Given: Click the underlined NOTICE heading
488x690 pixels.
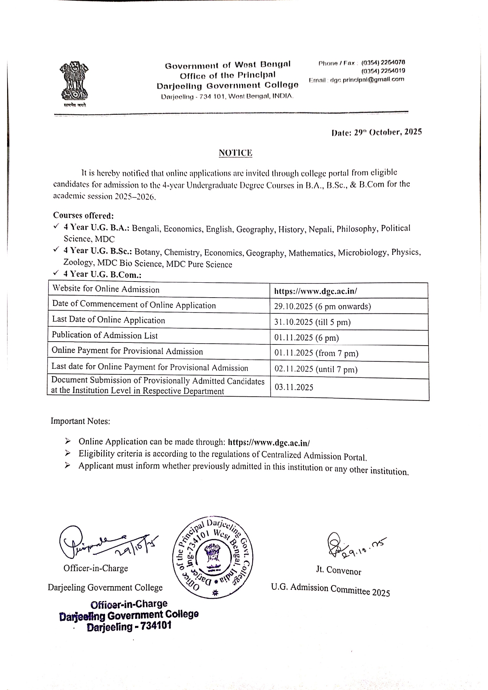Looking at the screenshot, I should click(235, 153).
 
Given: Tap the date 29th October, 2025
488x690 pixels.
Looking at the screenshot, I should click(377, 132).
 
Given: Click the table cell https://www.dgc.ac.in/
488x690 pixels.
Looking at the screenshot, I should click(316, 291).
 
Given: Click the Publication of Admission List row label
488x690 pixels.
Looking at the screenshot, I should click(105, 335).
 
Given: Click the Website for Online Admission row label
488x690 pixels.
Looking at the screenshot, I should click(106, 289).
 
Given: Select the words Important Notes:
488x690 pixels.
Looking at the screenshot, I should click(80, 421).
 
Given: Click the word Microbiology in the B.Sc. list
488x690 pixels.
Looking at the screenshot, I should click(362, 252).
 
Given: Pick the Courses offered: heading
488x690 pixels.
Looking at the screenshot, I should click(83, 215).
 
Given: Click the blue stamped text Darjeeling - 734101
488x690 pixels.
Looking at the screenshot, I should click(129, 627).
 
